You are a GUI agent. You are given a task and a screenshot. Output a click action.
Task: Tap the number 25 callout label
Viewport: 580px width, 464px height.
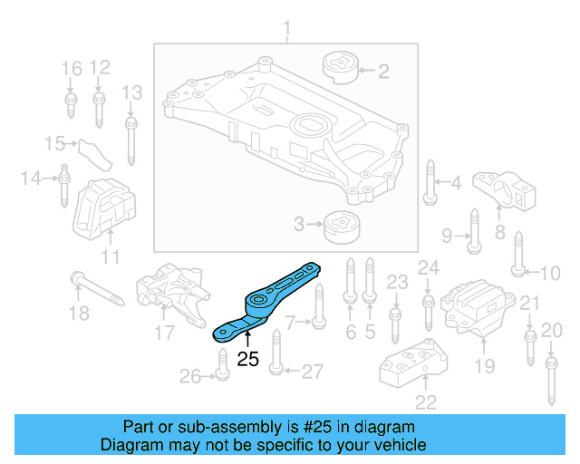[247, 359]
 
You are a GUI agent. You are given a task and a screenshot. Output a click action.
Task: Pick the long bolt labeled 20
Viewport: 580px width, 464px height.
[550, 380]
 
